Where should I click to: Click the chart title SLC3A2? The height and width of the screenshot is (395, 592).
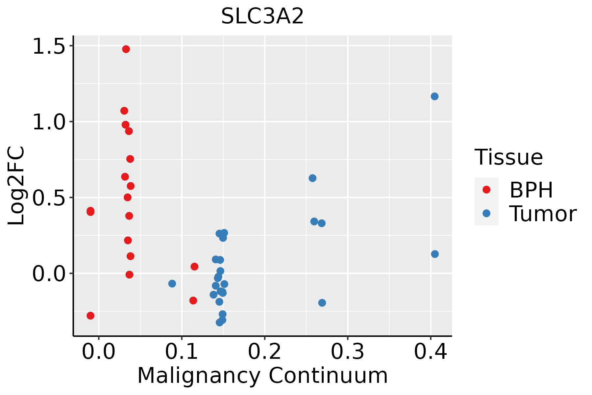point(262,16)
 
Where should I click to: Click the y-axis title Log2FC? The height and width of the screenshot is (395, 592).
point(16,186)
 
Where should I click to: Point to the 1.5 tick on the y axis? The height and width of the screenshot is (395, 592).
point(49,46)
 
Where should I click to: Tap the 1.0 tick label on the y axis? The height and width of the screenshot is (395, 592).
point(49,122)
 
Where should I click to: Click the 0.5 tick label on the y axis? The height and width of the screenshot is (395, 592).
point(49,198)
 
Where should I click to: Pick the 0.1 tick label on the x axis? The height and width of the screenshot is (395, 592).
point(182,352)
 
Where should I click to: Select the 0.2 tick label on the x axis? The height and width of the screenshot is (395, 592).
point(264,352)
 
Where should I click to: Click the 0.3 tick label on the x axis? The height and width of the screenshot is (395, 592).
point(347,352)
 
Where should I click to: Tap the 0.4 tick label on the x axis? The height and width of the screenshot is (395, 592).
point(430,352)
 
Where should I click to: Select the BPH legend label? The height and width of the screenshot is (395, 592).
point(531,190)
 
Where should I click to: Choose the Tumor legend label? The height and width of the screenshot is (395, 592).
point(543,214)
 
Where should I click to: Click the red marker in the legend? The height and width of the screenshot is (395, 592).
point(486,190)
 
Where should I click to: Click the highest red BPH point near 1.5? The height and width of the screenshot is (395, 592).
point(126,49)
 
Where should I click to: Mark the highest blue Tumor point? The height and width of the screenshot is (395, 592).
point(434,96)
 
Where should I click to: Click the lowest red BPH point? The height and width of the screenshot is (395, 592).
point(90,316)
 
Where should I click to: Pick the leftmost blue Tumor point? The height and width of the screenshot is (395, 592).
point(172,283)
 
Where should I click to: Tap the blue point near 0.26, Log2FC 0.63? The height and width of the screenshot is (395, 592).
point(312,178)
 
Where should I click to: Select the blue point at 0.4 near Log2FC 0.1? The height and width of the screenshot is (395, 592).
point(435,254)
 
